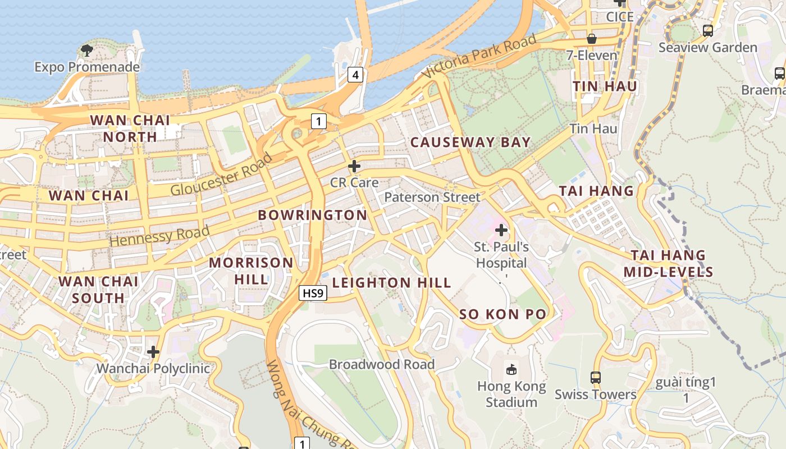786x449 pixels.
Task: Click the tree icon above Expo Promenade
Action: [87, 51]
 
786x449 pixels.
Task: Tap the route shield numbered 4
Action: [355, 74]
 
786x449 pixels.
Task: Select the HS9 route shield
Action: [313, 292]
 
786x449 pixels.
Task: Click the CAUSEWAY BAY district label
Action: [470, 142]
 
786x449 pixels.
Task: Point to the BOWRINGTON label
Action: [312, 215]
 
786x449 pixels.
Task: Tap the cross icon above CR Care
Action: [354, 166]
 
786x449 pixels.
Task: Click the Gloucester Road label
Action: [221, 174]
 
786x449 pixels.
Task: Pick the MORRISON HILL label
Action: [251, 271]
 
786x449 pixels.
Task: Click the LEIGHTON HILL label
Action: [391, 283]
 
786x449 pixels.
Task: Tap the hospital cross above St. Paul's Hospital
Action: [501, 230]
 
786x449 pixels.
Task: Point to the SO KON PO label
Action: [502, 314]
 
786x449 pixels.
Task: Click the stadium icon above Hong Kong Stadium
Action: [511, 369]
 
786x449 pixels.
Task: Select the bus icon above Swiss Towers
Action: [596, 377]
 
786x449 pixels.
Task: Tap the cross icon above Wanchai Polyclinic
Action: [153, 352]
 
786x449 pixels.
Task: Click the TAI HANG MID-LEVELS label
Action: [668, 264]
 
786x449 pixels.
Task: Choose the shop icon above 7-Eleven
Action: [592, 39]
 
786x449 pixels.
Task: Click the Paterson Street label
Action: [432, 197]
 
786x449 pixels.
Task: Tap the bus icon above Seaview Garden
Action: [708, 30]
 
